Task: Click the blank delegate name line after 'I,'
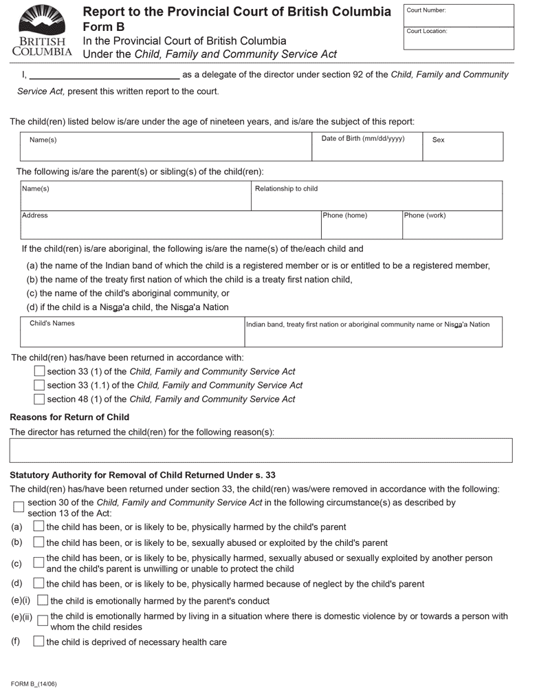104,74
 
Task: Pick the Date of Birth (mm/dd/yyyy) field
367,146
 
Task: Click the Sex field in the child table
463,146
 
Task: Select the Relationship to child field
377,196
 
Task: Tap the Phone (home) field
362,225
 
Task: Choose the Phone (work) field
452,225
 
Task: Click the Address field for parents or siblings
170,225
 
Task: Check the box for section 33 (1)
39,371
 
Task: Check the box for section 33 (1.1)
39,385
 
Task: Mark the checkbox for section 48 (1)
39,399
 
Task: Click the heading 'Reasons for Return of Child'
69,417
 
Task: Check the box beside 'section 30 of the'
19,507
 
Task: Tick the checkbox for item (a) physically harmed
39,527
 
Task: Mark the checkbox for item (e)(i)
43,600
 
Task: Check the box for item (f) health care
39,642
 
